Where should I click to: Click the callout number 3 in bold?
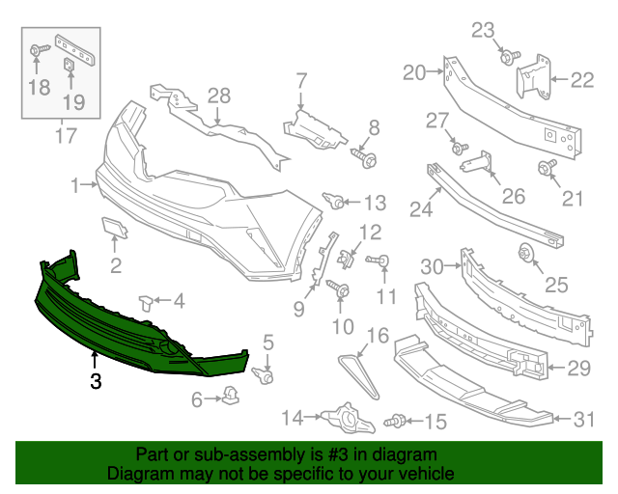coord(95,381)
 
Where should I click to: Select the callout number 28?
coord(219,96)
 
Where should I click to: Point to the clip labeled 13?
coord(338,202)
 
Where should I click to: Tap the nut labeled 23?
coord(505,58)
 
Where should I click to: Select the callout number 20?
coord(414,72)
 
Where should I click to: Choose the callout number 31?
coord(583,419)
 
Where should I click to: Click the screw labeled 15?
coord(395,422)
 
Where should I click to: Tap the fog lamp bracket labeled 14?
coord(343,418)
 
